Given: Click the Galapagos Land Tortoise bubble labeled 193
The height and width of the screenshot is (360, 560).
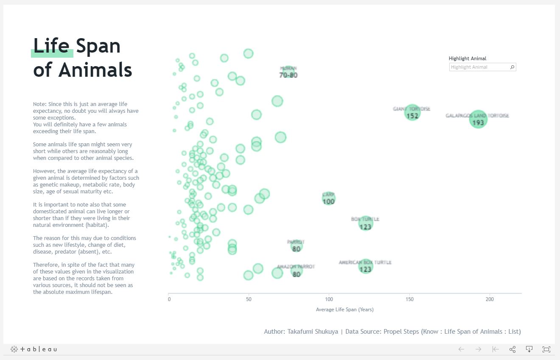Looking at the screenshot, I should pos(478,120).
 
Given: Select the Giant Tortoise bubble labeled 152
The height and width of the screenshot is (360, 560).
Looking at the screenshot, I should pos(412,113).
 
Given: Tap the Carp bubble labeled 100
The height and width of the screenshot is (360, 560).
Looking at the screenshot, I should pos(328,198).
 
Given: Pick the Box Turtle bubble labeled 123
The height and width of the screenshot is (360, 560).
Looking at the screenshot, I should pos(365,223).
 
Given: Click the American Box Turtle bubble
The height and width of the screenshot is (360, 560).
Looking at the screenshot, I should pos(365,267).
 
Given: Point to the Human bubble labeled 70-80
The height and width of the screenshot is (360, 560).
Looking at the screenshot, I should pos(288,72).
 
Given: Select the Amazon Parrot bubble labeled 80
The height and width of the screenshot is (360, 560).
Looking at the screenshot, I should pos(296,271).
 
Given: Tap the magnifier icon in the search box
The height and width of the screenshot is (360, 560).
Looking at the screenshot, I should pos(512,67).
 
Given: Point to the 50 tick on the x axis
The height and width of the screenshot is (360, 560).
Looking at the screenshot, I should pos(249,299).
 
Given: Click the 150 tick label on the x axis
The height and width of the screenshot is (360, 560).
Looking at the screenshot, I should pos(409,299).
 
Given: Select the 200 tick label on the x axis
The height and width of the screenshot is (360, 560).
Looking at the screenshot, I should pos(490,299).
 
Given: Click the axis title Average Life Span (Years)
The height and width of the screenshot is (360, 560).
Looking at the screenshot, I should pos(344,310).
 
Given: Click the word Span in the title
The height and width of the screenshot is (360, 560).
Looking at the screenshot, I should pos(98,46).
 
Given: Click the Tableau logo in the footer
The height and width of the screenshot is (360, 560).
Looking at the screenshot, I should pos(34,349).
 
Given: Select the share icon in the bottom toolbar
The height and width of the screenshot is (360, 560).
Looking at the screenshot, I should pos(512,349).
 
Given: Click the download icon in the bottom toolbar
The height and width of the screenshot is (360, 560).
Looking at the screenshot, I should pos(529,349).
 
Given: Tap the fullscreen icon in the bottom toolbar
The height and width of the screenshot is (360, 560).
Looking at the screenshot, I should pos(546,349).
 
